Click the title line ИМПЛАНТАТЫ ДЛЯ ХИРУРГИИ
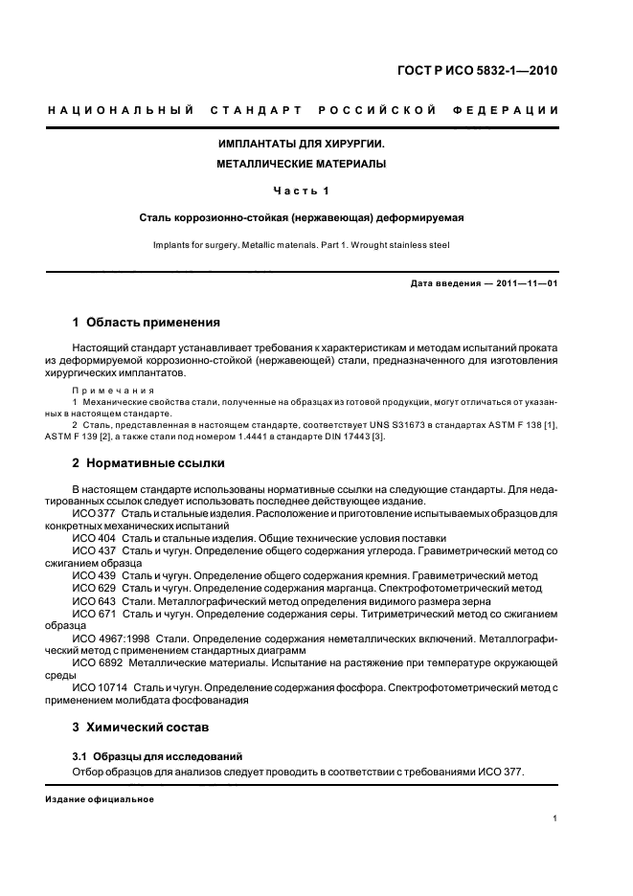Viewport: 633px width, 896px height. point(302,144)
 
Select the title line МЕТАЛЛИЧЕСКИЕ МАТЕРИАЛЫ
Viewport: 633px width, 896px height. point(302,164)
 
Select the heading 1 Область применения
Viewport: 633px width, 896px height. point(147,322)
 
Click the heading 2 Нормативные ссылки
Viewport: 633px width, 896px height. point(148,463)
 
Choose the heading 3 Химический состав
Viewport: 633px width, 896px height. point(141,728)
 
